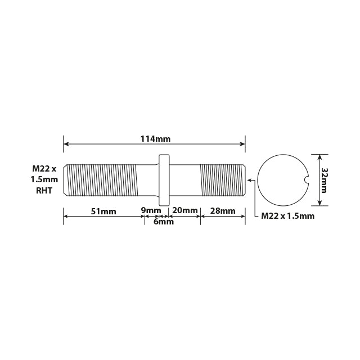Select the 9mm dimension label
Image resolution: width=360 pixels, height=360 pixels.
(x=150, y=211)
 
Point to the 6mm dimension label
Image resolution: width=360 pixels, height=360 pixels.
(x=164, y=222)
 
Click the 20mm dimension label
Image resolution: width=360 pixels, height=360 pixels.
(x=184, y=211)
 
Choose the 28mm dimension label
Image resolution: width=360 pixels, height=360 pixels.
(x=222, y=211)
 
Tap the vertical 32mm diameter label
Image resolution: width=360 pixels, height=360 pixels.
(x=325, y=180)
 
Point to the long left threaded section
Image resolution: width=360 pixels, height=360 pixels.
(x=101, y=180)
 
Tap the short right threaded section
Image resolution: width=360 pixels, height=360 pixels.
(x=223, y=180)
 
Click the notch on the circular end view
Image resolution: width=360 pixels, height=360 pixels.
(x=307, y=180)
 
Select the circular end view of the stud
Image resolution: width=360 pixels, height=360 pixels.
(x=282, y=180)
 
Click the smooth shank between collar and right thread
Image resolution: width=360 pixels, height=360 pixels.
(x=184, y=180)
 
